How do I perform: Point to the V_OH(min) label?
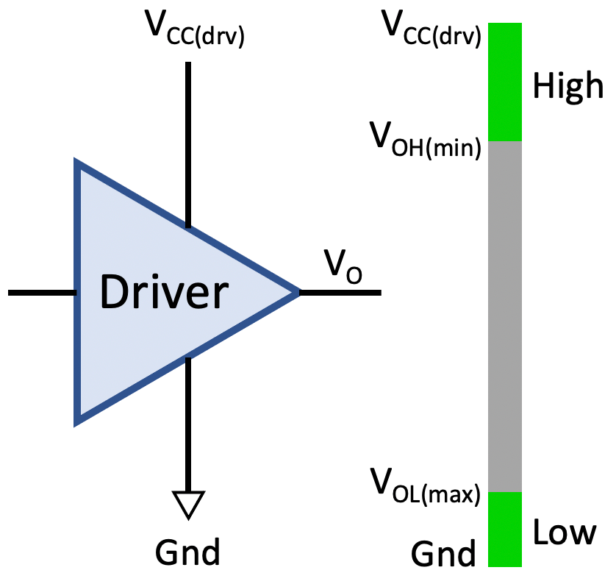426,139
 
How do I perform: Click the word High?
567,86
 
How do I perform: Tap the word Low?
564,531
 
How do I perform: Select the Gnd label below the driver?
188,551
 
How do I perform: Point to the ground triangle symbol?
188,504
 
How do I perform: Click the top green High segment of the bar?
504,82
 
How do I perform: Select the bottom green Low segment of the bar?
504,529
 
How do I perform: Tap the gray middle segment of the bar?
504,316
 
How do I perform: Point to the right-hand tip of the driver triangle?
297,293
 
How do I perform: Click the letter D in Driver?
115,293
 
